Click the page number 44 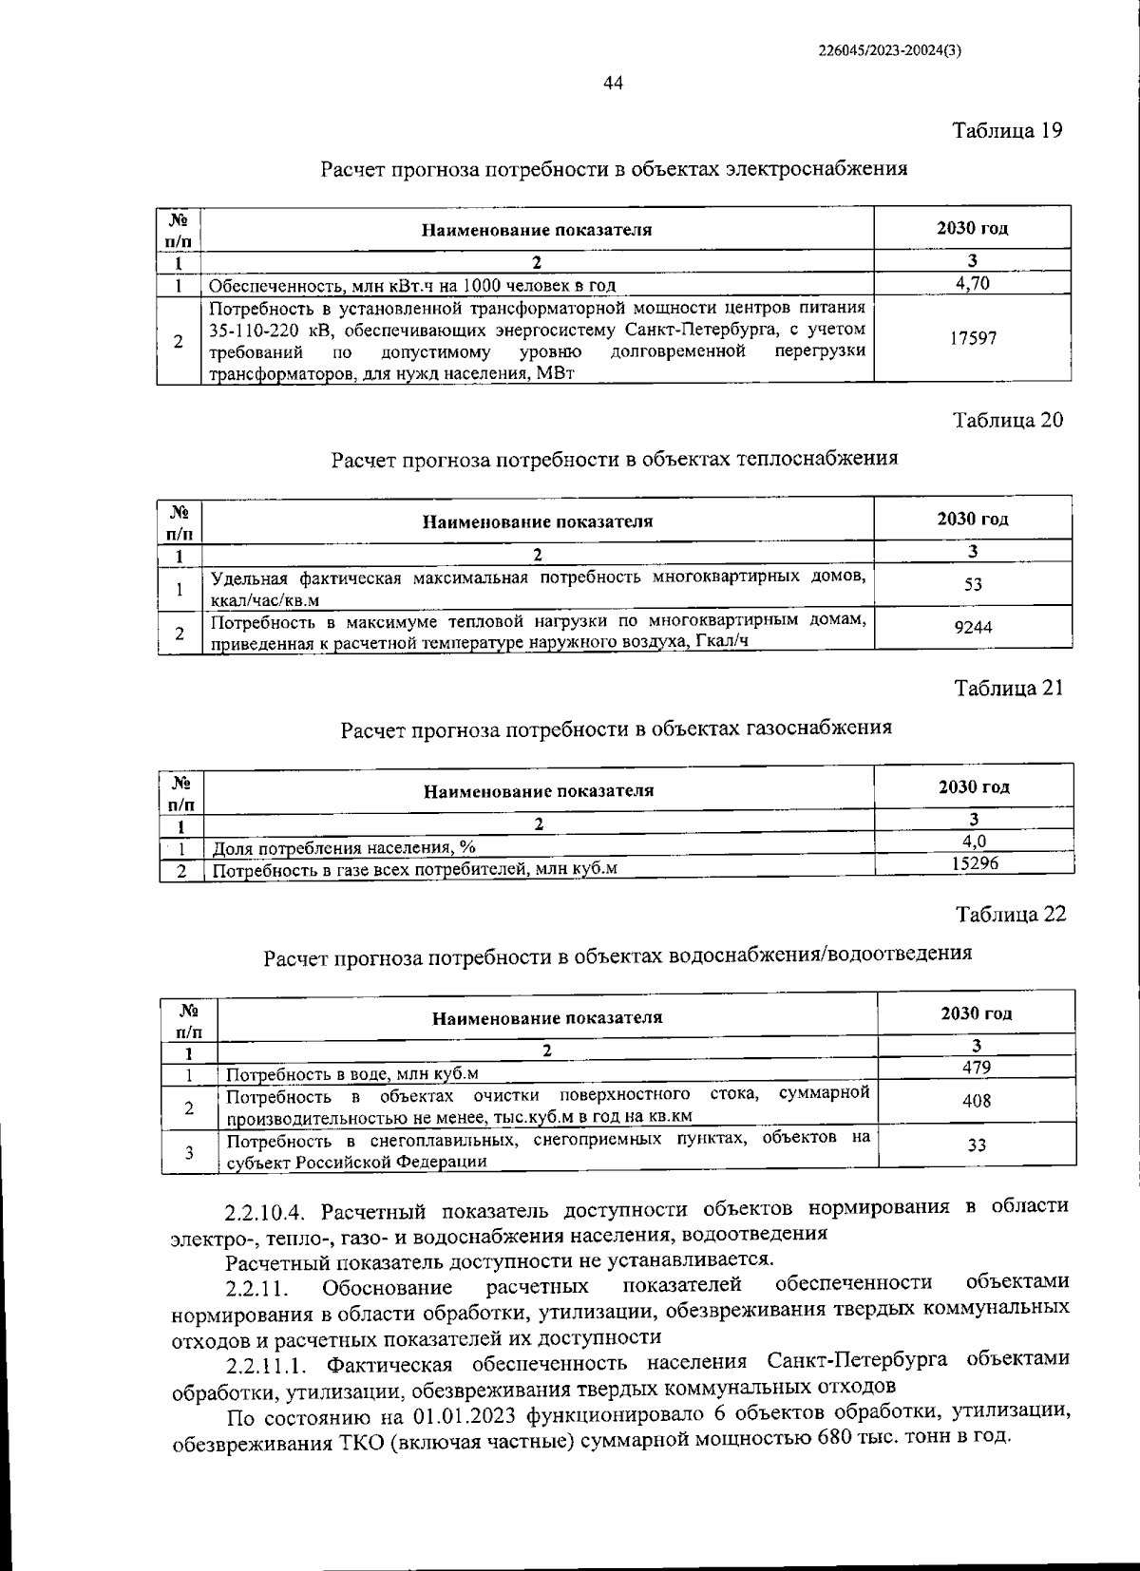[613, 84]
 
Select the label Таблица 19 [1007, 130]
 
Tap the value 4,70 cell [972, 283]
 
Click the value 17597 [973, 338]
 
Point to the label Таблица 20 [1008, 420]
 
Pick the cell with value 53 [973, 585]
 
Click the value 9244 [973, 627]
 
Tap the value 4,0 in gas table [974, 841]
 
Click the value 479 [977, 1067]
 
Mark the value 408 [977, 1100]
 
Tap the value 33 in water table [977, 1145]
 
